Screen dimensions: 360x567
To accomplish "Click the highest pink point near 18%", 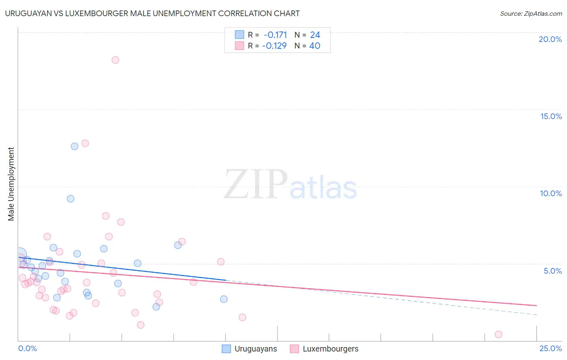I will pos(115,60).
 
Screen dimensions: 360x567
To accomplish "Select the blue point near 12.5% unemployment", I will pos(75,146).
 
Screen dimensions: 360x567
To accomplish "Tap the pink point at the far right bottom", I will pos(498,334).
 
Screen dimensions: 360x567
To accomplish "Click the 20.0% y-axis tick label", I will pos(550,39).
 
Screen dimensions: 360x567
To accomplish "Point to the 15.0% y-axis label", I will pos(551,116).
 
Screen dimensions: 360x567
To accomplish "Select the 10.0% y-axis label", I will pos(551,193).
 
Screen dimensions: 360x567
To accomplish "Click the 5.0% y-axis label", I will pos(552,271).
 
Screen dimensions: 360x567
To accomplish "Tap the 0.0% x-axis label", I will pos(27,348).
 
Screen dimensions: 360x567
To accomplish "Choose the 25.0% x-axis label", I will pos(550,348).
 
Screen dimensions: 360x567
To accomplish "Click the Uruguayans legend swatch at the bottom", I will pos(227,349).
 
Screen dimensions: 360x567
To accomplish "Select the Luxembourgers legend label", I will pos(330,349).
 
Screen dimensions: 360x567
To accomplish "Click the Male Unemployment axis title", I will pos(11,184).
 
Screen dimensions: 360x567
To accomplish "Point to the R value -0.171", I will pos(275,35).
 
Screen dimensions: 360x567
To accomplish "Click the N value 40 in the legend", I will pos(315,46).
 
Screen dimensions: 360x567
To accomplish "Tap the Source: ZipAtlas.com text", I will pos(531,14).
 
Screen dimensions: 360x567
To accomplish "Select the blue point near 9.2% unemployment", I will pos(71,199).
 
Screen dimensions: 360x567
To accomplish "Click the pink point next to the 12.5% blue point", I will pos(85,143).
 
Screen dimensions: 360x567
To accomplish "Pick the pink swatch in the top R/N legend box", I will pos(240,46).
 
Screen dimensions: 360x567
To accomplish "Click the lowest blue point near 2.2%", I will pos(156,307).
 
